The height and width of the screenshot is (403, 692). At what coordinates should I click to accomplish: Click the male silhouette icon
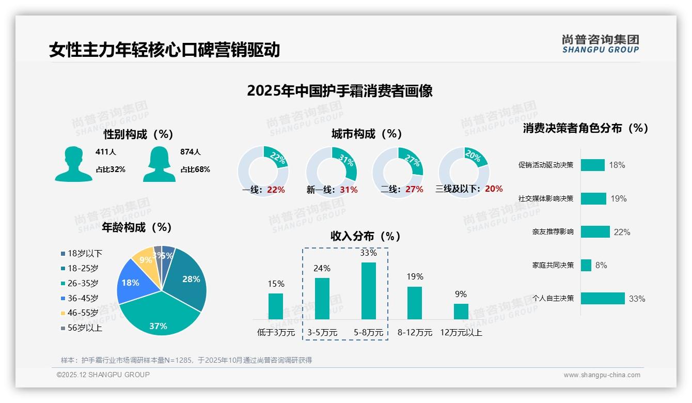(x=73, y=164)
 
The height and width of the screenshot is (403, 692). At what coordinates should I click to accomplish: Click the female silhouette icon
(x=159, y=164)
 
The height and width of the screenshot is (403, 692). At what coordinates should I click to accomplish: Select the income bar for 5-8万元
(x=368, y=291)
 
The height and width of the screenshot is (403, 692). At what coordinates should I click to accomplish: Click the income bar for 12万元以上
(x=461, y=311)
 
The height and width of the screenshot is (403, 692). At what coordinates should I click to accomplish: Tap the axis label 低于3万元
(x=276, y=333)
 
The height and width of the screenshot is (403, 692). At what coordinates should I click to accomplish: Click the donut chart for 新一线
(x=331, y=172)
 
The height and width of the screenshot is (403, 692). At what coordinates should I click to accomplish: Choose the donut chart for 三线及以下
(x=464, y=172)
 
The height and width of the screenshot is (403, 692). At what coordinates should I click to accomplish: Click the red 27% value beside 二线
(x=414, y=190)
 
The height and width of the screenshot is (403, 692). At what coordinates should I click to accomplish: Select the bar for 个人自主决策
(x=603, y=298)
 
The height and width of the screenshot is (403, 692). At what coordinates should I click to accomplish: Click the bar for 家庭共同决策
(x=586, y=265)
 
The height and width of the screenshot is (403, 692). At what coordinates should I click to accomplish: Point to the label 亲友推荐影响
(x=553, y=232)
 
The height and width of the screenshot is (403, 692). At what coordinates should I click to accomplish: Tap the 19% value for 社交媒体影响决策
(x=619, y=198)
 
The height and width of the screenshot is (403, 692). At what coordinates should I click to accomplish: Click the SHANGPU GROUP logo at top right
(x=600, y=44)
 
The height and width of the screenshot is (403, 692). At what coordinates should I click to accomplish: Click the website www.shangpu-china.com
(x=602, y=375)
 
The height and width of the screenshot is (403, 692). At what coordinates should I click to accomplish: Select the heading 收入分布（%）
(x=366, y=236)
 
